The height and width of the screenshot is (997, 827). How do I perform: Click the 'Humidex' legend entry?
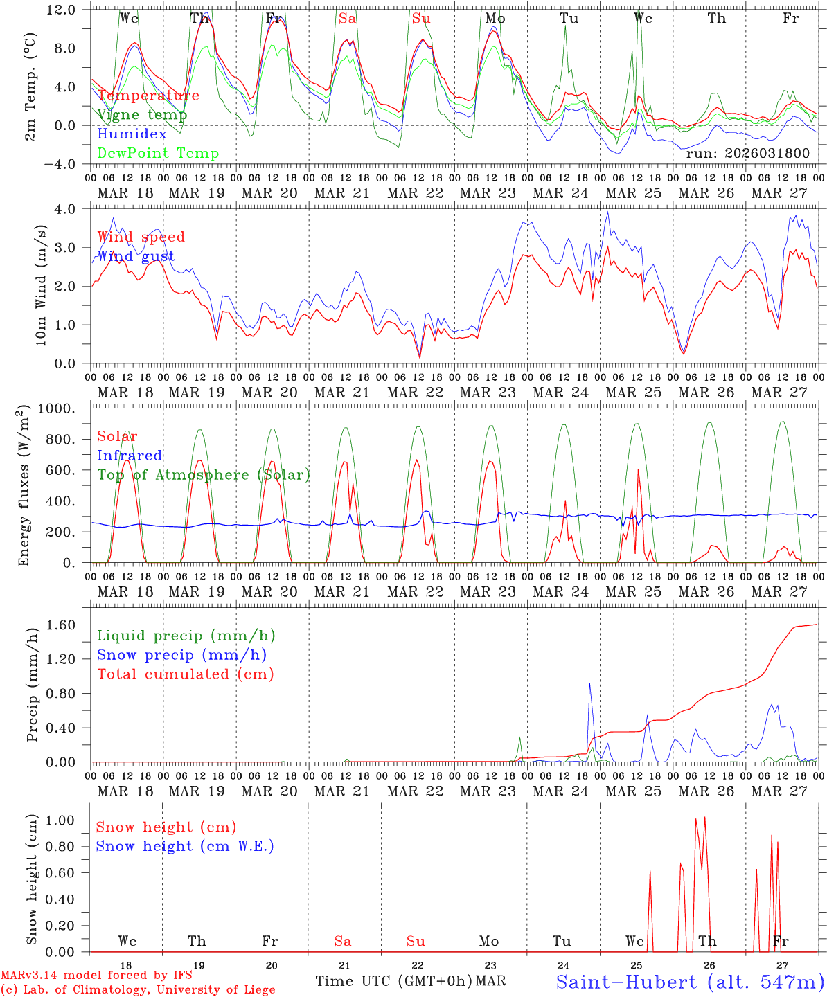pyautogui.click(x=132, y=134)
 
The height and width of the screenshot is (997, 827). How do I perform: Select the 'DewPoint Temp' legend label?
pyautogui.click(x=158, y=154)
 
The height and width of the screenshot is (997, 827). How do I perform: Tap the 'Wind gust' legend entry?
pyautogui.click(x=136, y=256)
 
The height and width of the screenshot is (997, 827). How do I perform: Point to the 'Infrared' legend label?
pyautogui.click(x=130, y=456)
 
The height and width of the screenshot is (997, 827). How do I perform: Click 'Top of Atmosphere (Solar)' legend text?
pyautogui.click(x=203, y=475)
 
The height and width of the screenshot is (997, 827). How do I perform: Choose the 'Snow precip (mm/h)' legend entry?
pyautogui.click(x=181, y=655)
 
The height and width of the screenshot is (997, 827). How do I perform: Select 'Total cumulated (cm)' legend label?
pyautogui.click(x=185, y=674)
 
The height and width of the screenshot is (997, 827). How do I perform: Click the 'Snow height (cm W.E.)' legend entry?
pyautogui.click(x=184, y=846)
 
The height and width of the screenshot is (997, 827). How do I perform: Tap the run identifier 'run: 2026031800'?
pyautogui.click(x=747, y=153)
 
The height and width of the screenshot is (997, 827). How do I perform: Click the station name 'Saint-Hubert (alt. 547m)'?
pyautogui.click(x=689, y=982)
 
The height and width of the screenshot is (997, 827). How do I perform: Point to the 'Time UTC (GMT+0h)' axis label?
pyautogui.click(x=394, y=981)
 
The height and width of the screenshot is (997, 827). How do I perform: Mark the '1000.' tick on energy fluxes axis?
pyautogui.click(x=59, y=408)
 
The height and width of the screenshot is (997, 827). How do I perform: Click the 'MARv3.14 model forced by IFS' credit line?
pyautogui.click(x=96, y=976)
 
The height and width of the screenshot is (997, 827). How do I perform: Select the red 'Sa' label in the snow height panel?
pyautogui.click(x=343, y=941)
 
